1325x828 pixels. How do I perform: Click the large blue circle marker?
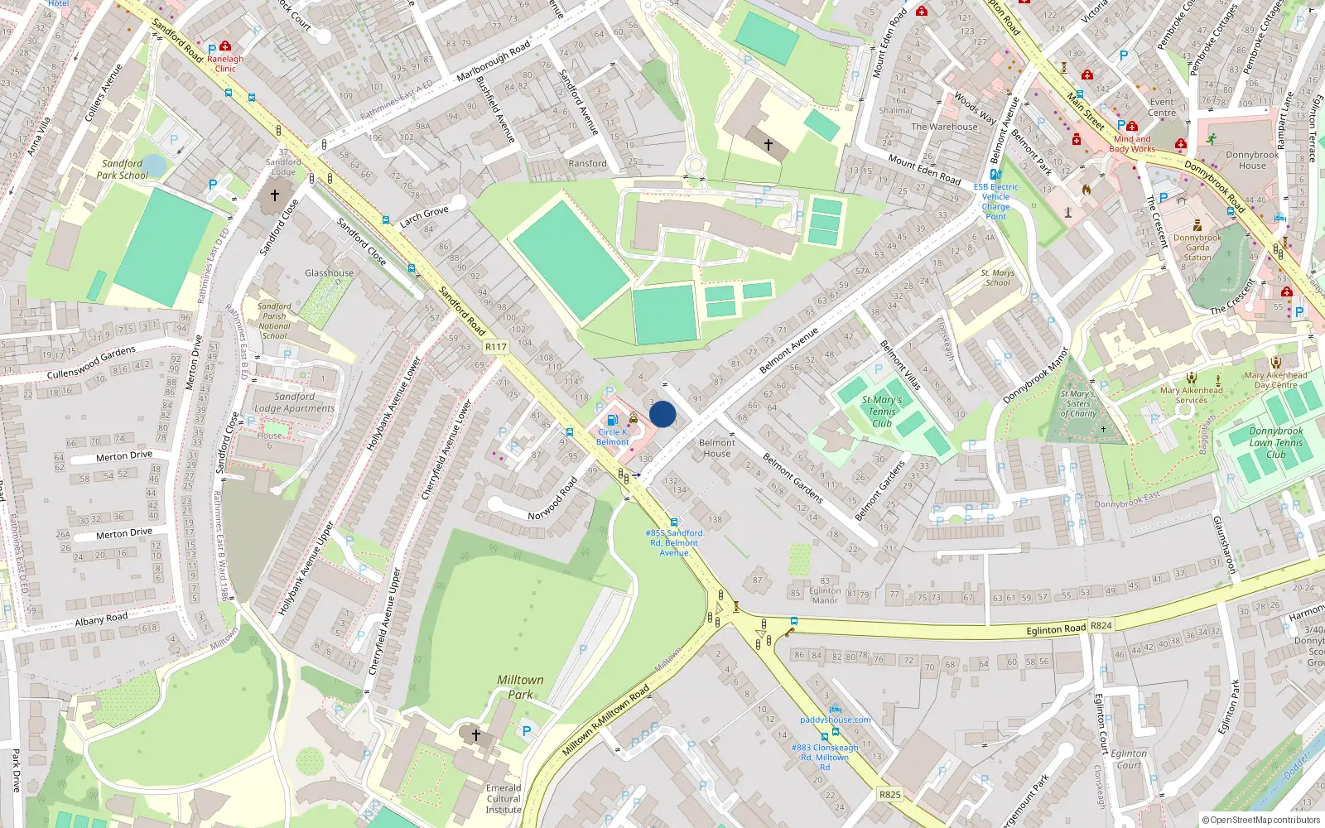coord(662,414)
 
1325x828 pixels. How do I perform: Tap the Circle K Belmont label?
coord(613,436)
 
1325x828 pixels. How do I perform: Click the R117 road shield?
coord(496,347)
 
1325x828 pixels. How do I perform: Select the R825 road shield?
coord(890,794)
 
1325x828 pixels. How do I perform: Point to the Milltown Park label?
coord(520,686)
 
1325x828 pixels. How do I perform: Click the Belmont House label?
coord(716,448)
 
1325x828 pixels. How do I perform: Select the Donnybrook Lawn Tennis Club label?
coord(1275,442)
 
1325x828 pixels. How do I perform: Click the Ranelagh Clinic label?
coord(225,64)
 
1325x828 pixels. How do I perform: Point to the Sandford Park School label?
coord(123,169)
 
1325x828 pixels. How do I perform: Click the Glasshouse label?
coord(329,273)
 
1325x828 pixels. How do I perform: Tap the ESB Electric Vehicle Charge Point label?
coord(995,201)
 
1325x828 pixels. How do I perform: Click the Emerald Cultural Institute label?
coord(503,798)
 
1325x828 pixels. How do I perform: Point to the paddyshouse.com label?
coord(835,720)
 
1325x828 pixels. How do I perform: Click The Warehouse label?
coord(944,127)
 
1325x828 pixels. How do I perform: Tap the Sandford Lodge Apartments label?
coord(294,402)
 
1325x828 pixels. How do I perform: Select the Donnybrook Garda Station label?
coord(1197,248)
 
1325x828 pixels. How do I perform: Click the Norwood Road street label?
coord(552,498)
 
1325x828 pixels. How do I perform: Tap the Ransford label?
coord(587,164)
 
